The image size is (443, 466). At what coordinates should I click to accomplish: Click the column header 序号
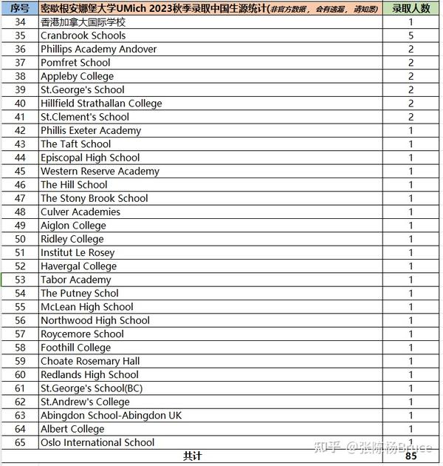[x=20, y=8]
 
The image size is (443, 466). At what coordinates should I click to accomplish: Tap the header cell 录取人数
[x=411, y=8]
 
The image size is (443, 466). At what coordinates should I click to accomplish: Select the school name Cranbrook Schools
[x=83, y=36]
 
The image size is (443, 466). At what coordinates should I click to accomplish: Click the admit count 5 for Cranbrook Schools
[x=411, y=36]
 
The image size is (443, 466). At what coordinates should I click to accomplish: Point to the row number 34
[x=20, y=22]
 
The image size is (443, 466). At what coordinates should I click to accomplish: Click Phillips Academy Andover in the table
[x=98, y=49]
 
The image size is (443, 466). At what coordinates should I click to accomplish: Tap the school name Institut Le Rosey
[x=78, y=252]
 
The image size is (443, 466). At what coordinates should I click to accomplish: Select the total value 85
[x=411, y=456]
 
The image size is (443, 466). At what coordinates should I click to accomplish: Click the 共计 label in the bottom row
[x=192, y=456]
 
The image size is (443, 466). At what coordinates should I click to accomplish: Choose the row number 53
[x=20, y=280]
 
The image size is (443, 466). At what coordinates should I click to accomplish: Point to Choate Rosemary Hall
[x=90, y=361]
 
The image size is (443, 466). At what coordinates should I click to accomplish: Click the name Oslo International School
[x=97, y=442]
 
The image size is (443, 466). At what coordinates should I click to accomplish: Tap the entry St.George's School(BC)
[x=92, y=388]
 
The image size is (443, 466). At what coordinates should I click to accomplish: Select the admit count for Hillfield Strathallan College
[x=411, y=104]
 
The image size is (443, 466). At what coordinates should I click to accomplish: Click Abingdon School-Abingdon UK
[x=111, y=416]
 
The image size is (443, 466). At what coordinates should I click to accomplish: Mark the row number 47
[x=20, y=198]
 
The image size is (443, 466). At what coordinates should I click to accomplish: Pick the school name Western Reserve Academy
[x=100, y=171]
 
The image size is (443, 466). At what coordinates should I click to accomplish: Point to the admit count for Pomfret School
[x=411, y=63]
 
